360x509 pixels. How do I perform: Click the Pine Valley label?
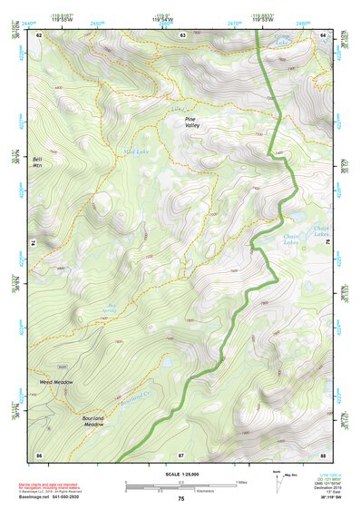pos(192,122)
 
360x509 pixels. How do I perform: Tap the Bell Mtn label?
pos(38,162)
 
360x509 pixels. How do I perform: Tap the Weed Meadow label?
pos(56,382)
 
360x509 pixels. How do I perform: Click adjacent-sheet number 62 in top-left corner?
pos(39,34)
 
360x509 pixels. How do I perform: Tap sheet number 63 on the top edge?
pos(182,34)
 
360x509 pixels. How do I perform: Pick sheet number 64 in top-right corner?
pos(324,34)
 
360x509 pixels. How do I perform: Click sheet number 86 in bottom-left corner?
pos(39,453)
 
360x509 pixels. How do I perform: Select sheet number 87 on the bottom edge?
pos(181,453)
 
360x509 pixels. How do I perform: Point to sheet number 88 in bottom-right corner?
pos(324,453)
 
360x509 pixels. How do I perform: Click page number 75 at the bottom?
pos(181,498)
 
